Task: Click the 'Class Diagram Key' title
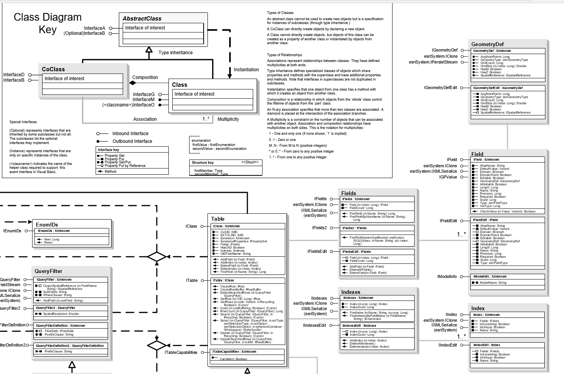tap(48, 23)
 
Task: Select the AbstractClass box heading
tap(142, 19)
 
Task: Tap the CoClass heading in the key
tap(53, 69)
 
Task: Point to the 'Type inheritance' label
tap(175, 53)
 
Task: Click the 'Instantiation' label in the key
tap(246, 70)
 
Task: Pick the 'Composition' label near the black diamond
tap(145, 77)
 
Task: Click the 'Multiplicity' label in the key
tap(228, 119)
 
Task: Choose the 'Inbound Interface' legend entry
tap(130, 134)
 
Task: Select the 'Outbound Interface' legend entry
tap(132, 141)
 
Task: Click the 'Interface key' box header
tap(108, 150)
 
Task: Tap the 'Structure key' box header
tap(203, 163)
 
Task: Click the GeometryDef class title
tap(487, 44)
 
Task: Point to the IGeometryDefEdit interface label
tap(441, 88)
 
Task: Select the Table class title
tap(218, 219)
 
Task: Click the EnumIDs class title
tap(47, 225)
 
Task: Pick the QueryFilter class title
tap(48, 271)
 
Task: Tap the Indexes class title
tap(351, 292)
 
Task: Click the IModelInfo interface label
tap(447, 277)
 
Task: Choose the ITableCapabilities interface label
tap(181, 352)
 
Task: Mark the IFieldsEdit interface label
tap(317, 252)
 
